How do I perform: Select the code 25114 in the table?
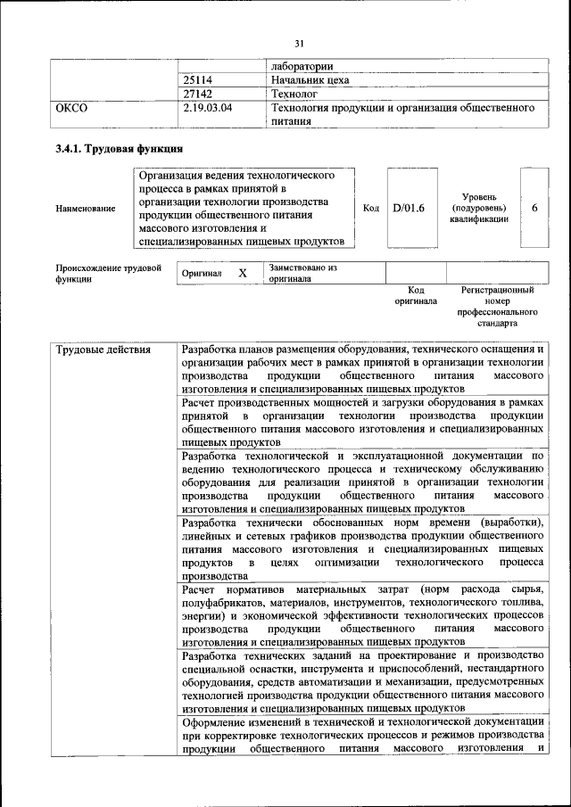click(197, 79)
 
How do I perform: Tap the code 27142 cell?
click(197, 93)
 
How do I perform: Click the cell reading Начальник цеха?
click(310, 79)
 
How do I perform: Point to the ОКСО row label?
click(72, 108)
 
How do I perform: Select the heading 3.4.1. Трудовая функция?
click(120, 148)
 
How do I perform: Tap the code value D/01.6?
click(408, 208)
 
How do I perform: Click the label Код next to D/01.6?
click(371, 208)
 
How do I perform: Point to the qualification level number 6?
click(534, 208)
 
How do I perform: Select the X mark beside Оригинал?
click(242, 273)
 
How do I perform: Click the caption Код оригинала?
click(416, 295)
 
